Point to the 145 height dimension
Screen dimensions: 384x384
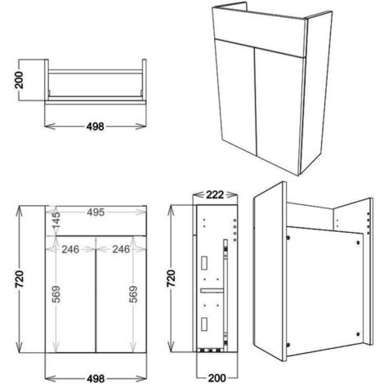point(56,218)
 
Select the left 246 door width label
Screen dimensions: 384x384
point(69,249)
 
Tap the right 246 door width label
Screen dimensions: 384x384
point(123,249)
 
